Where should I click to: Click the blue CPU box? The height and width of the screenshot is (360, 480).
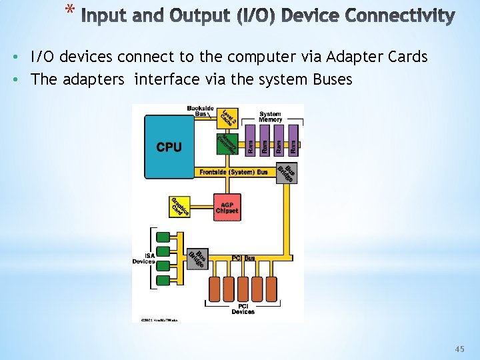tap(169, 147)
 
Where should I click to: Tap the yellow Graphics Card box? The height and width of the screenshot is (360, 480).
tap(180, 207)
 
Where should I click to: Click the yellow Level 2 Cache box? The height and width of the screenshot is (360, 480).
tap(227, 117)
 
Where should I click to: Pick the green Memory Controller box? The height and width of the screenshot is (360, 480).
tap(227, 143)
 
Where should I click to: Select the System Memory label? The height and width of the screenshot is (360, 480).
tap(270, 116)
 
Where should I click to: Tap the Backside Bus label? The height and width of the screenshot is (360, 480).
tap(201, 111)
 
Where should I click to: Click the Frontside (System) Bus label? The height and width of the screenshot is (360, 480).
tap(233, 172)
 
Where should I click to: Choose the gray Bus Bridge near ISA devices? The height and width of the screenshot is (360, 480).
tap(197, 258)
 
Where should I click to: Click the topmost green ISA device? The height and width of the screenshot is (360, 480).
tap(163, 236)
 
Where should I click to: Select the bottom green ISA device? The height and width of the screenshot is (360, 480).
tap(163, 274)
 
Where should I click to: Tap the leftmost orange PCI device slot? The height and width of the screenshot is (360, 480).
tap(215, 289)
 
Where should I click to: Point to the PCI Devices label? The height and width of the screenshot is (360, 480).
tap(243, 309)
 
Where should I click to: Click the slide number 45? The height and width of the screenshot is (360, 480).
tap(459, 349)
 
